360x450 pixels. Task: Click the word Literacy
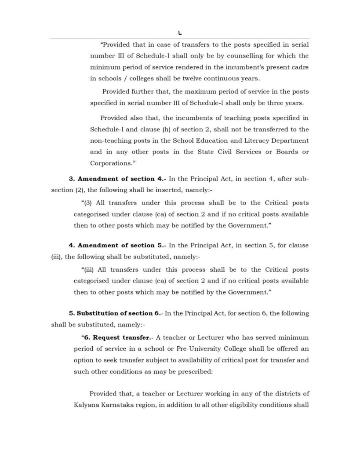(247, 141)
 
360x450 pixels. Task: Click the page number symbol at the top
(180, 31)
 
